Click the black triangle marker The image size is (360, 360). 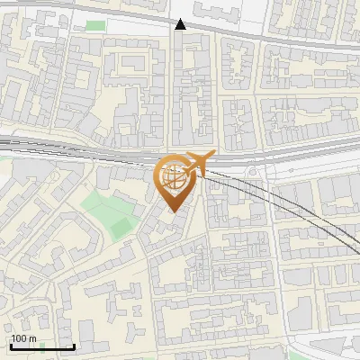(181, 24)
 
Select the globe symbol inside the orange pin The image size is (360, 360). (175, 177)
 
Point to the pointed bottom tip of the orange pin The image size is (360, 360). (174, 211)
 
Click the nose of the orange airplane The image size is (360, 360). (213, 154)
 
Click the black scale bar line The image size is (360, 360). (42, 346)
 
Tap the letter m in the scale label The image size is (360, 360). (33, 338)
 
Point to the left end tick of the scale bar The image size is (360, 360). (11, 345)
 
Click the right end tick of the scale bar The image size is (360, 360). (74, 345)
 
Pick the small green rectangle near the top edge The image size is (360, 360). (94, 25)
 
